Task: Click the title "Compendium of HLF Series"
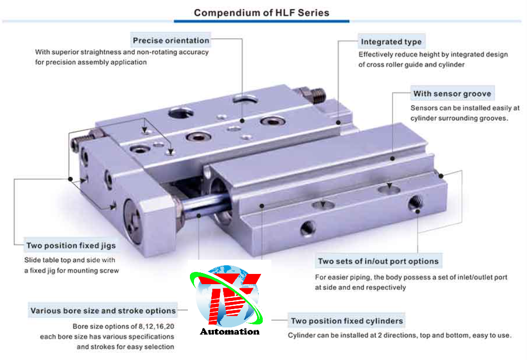point(262,13)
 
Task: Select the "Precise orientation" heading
point(171,40)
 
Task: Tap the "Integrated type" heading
point(391,42)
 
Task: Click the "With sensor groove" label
point(452,94)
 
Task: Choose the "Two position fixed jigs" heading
point(71,245)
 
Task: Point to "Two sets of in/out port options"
point(378,261)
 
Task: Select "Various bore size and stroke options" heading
point(103,311)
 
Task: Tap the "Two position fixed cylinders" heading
point(347,321)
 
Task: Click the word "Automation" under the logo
point(230,331)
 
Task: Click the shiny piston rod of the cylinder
point(205,206)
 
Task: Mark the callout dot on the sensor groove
point(392,158)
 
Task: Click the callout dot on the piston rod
point(199,215)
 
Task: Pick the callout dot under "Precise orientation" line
point(242,121)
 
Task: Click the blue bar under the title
point(262,21)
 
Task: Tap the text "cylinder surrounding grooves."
point(459,118)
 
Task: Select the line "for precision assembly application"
point(91,62)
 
